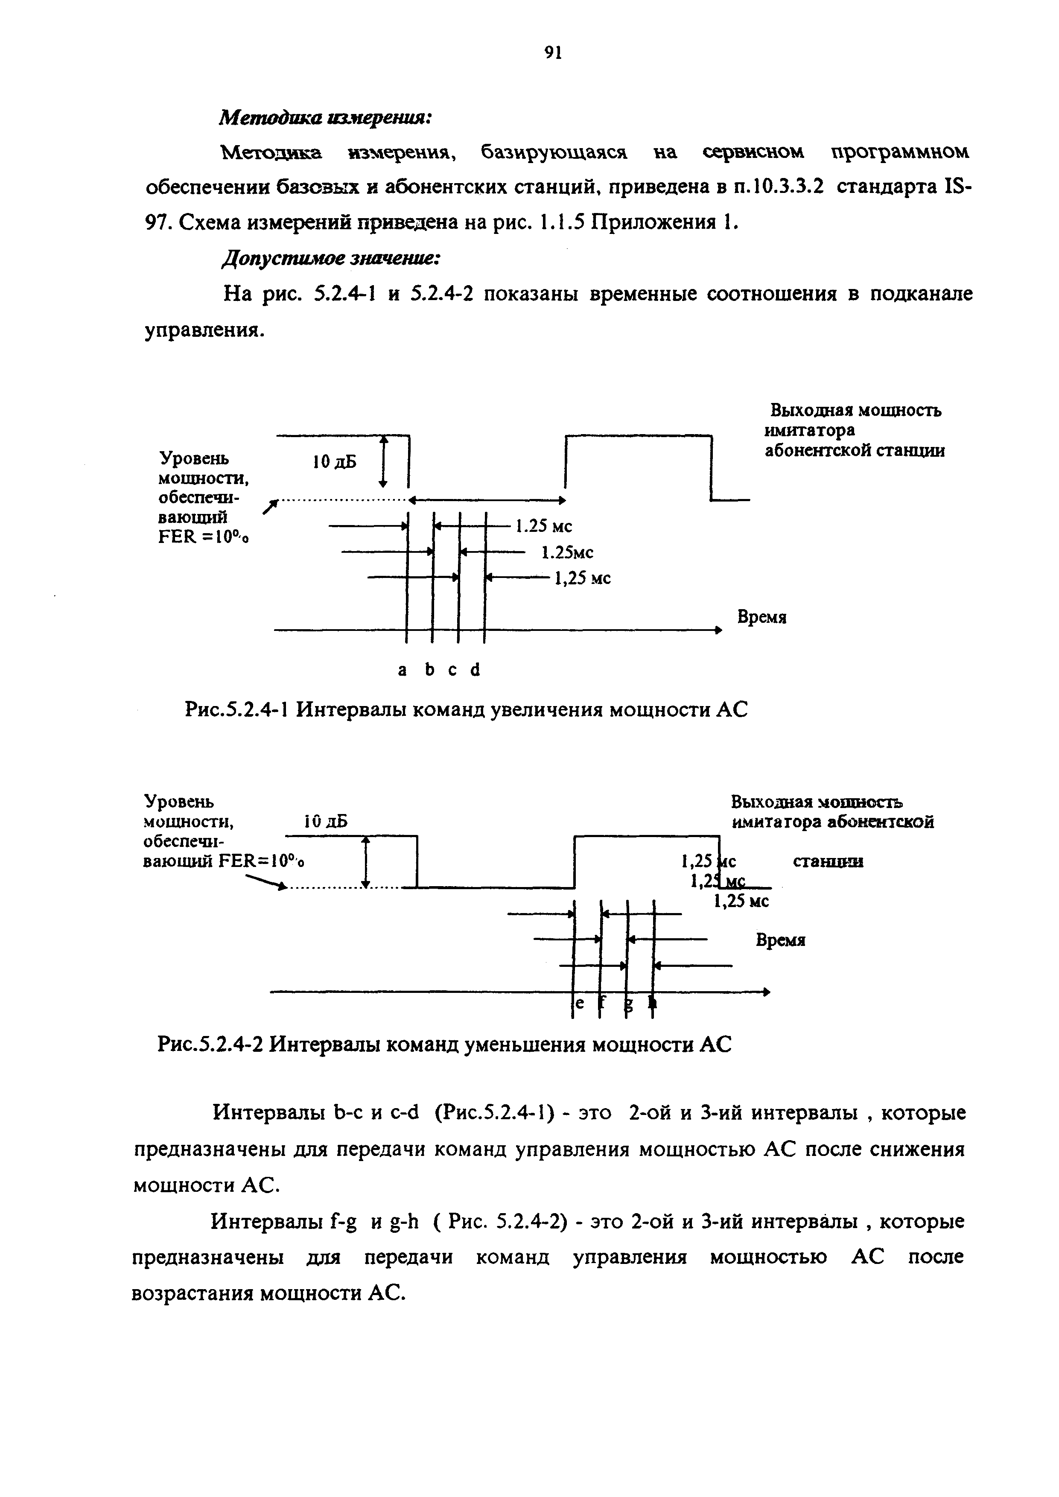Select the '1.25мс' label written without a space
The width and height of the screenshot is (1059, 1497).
click(567, 553)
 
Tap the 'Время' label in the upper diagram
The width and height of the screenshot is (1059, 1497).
click(761, 617)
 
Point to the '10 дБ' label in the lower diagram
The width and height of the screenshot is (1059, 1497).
click(326, 822)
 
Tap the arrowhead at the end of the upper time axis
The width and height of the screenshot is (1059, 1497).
click(719, 630)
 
